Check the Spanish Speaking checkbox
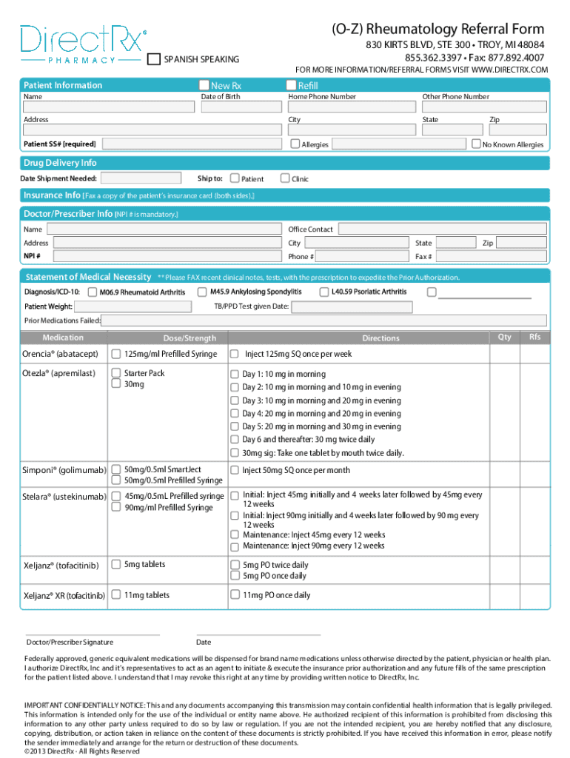(x=154, y=59)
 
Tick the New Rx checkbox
(x=204, y=85)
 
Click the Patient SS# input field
(x=190, y=144)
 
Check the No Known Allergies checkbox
(x=476, y=144)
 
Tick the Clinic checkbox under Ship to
(x=285, y=178)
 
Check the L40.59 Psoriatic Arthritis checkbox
(x=324, y=292)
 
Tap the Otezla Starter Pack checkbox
(x=116, y=373)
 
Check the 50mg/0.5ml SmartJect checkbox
(x=116, y=469)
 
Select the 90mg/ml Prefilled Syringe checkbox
(x=116, y=508)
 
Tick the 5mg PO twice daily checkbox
(x=235, y=565)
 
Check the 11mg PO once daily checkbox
(x=235, y=594)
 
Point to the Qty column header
(x=504, y=337)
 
